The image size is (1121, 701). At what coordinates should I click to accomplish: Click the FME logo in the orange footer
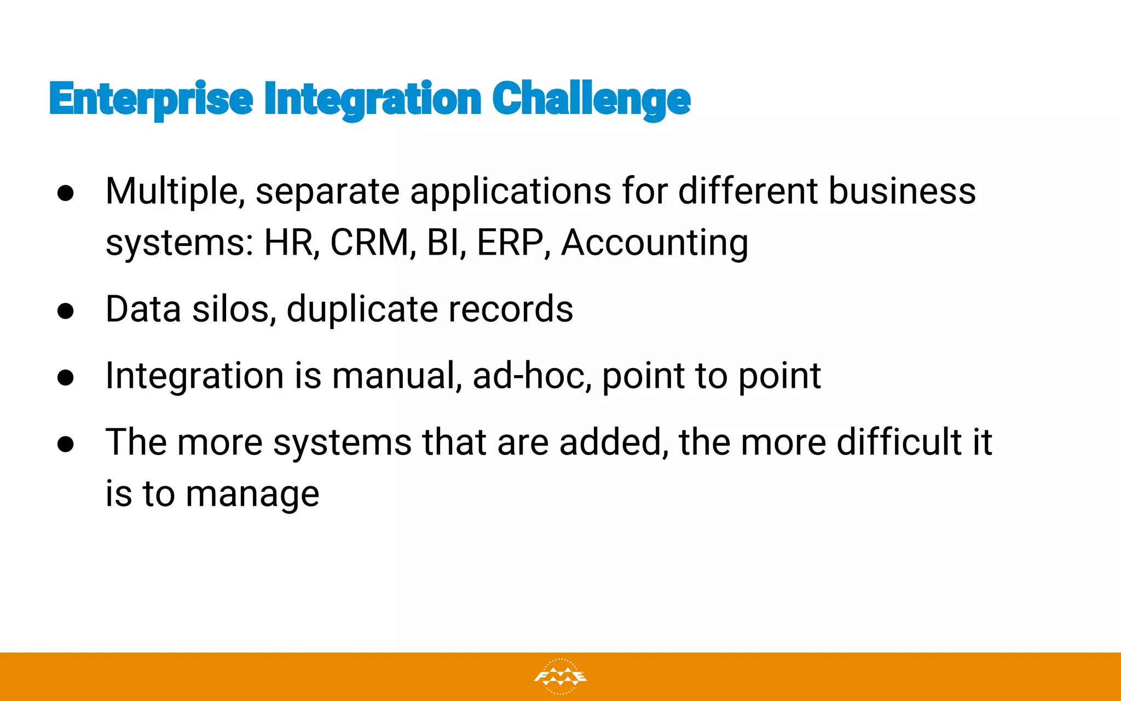click(560, 677)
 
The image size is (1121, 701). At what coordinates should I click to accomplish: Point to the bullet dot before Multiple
click(65, 193)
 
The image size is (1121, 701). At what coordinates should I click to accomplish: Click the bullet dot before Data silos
click(65, 311)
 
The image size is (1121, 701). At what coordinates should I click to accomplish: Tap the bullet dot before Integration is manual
click(65, 377)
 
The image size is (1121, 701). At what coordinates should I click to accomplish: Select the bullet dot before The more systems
click(65, 444)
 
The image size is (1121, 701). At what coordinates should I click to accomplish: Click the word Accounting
click(655, 242)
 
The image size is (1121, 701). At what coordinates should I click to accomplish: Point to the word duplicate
click(362, 309)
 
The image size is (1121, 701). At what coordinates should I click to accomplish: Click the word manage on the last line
click(252, 494)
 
